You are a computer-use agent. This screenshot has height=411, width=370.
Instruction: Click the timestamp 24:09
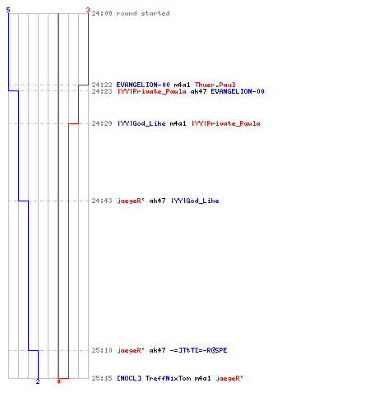point(102,13)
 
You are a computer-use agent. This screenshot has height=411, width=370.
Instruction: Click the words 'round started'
point(143,13)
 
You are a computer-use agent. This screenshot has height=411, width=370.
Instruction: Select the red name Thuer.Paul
point(215,85)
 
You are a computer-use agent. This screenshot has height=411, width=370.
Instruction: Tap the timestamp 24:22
point(102,85)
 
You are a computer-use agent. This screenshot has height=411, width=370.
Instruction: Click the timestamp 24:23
point(102,91)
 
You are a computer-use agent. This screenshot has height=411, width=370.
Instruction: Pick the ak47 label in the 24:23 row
point(198,91)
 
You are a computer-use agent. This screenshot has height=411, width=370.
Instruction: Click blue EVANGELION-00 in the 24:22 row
point(143,85)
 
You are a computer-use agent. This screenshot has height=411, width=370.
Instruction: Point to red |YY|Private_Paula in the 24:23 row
point(152,91)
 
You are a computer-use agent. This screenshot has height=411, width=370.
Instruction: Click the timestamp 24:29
point(102,123)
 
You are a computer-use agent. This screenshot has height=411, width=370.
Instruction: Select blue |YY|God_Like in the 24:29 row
point(141,123)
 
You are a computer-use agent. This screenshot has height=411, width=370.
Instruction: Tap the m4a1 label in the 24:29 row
point(178,123)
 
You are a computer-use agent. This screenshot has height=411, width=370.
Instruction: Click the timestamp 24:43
point(102,201)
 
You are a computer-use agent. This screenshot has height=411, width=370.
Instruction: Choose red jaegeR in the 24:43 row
point(131,201)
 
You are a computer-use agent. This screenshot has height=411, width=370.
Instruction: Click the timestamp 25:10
point(102,350)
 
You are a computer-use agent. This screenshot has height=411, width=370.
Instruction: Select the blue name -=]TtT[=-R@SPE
point(198,350)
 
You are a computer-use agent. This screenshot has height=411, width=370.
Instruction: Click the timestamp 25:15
point(102,378)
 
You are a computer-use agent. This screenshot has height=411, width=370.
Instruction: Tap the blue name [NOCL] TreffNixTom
point(154,378)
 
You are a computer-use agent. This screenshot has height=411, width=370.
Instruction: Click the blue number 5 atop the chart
point(8,10)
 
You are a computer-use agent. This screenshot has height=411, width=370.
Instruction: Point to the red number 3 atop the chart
point(88,10)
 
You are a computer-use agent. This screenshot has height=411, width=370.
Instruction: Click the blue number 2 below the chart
point(38,381)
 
